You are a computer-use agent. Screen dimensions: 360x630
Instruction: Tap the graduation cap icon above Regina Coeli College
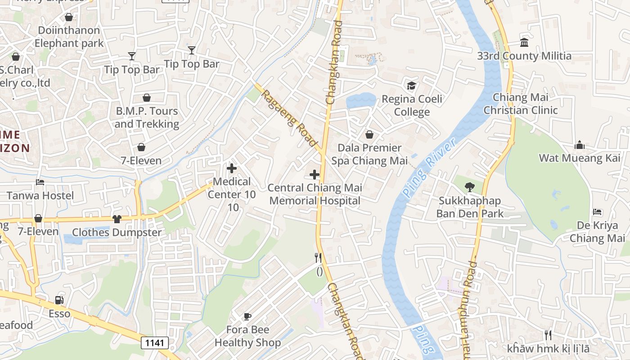[x=411, y=85]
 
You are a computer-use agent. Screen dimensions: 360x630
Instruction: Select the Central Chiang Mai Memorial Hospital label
[x=315, y=194]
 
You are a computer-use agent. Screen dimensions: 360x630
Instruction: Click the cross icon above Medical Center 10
[x=232, y=168]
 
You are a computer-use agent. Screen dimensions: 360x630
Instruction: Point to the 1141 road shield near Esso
[x=155, y=343]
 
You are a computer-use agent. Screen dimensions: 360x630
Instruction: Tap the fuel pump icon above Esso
[x=59, y=300]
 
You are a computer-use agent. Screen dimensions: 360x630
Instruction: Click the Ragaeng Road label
[x=289, y=118]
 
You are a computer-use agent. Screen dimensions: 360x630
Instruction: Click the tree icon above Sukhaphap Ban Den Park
[x=469, y=186]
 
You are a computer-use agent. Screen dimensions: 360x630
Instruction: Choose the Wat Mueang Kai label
[x=580, y=158]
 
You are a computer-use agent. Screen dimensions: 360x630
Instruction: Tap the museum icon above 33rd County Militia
[x=524, y=43]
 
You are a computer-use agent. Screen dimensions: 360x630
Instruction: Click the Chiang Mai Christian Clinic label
[x=521, y=104]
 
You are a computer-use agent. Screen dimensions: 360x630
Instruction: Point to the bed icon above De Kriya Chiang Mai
[x=597, y=211]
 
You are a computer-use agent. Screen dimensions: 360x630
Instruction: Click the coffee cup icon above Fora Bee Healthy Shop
[x=247, y=316]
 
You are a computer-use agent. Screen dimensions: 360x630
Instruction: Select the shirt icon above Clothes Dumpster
[x=117, y=219]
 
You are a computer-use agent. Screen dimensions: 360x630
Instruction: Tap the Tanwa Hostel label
[x=40, y=196]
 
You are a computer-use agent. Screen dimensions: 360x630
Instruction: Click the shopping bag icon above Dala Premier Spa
[x=369, y=135]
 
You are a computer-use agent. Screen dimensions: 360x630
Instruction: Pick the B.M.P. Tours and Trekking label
[x=147, y=117]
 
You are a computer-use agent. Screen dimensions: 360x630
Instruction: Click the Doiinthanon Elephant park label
[x=69, y=37]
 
